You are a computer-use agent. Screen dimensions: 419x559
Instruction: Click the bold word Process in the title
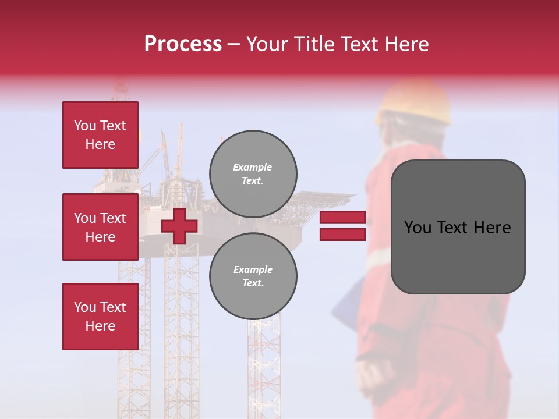click(x=183, y=44)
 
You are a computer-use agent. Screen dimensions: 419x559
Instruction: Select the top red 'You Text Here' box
click(x=100, y=135)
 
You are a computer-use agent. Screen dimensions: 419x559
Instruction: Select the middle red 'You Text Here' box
click(x=100, y=227)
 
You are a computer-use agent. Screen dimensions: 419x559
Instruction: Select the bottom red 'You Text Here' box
click(x=100, y=317)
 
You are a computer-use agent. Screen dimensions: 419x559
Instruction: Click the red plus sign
click(x=179, y=226)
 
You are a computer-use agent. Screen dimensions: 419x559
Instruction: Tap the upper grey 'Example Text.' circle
click(x=253, y=174)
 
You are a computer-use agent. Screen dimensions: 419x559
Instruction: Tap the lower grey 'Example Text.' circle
click(x=253, y=276)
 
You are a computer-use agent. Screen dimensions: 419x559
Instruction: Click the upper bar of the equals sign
click(x=342, y=218)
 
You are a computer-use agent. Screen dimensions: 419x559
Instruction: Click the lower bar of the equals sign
click(x=342, y=235)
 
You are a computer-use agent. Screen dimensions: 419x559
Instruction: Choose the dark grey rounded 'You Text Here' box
click(x=458, y=256)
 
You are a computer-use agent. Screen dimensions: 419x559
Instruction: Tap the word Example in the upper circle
click(x=253, y=168)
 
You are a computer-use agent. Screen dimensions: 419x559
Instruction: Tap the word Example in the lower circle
click(x=253, y=269)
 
